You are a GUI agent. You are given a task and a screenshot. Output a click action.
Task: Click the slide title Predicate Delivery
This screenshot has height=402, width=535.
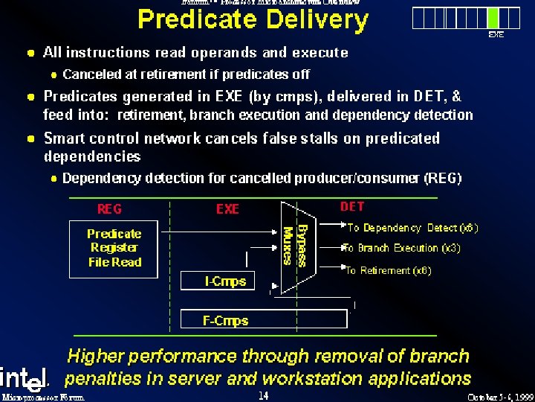[253, 20]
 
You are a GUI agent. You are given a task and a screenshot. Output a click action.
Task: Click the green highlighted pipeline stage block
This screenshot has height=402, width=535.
[493, 18]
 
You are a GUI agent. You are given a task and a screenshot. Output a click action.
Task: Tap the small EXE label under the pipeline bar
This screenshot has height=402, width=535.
[495, 34]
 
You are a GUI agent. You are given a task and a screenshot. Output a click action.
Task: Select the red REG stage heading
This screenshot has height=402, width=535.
[109, 208]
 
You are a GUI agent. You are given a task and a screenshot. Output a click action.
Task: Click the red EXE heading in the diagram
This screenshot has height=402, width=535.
[227, 209]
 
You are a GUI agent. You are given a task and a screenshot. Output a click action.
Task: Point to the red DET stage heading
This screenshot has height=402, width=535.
[352, 206]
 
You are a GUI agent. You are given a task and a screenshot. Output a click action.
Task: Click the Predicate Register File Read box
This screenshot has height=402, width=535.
[114, 248]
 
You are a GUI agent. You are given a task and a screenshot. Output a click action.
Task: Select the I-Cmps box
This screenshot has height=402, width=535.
[225, 281]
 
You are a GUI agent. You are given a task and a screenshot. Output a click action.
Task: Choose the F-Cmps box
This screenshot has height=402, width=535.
[225, 321]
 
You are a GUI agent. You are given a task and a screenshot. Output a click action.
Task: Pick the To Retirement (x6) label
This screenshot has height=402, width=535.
[389, 271]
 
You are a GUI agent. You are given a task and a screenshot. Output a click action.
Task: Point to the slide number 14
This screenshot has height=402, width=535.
[263, 395]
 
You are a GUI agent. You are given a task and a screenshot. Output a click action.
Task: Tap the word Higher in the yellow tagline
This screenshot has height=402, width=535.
[95, 357]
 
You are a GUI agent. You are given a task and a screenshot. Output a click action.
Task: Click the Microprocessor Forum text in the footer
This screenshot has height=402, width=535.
[43, 397]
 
